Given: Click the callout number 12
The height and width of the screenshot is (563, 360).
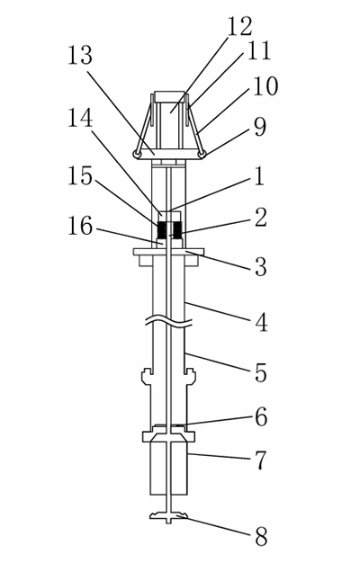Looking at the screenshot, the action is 239,26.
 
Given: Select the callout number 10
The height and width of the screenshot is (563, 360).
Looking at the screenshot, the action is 265,86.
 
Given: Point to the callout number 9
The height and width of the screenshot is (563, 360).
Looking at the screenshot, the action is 260,127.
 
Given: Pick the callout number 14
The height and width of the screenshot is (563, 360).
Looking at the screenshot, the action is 80,118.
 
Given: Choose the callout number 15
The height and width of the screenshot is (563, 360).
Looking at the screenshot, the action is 80,176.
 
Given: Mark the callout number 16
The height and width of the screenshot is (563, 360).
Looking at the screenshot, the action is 80,226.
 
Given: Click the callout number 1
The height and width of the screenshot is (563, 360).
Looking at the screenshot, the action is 260,176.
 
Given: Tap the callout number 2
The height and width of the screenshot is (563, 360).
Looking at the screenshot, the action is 261,218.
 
